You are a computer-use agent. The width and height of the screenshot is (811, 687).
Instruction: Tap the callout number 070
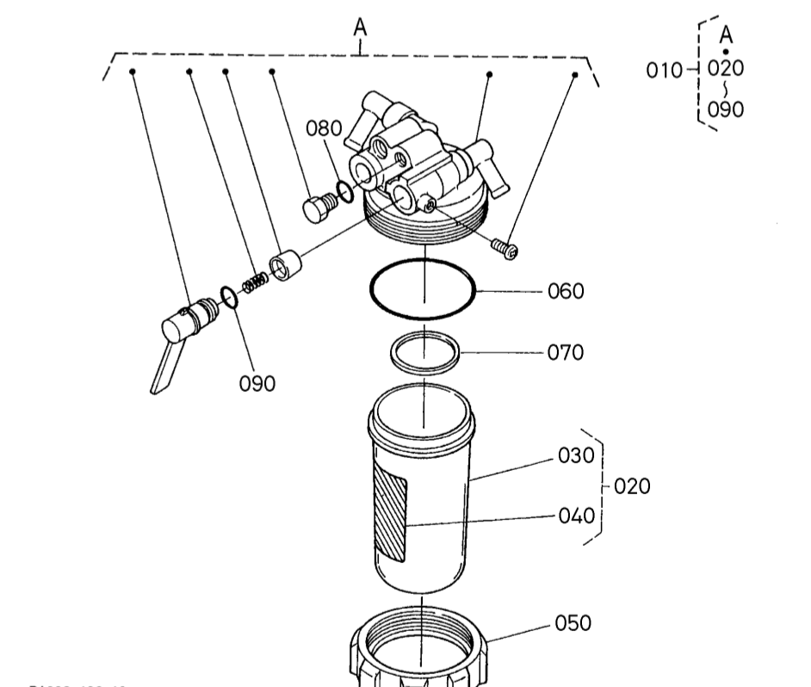pyautogui.click(x=566, y=352)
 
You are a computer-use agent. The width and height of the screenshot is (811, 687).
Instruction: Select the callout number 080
pyautogui.click(x=325, y=129)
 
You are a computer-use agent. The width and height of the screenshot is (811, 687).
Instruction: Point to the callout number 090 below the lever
pyautogui.click(x=257, y=383)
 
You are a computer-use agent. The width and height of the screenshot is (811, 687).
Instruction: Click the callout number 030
pyautogui.click(x=577, y=456)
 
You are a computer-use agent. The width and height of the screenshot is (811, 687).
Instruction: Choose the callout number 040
pyautogui.click(x=577, y=516)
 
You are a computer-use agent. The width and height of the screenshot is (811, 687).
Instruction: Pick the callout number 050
pyautogui.click(x=573, y=622)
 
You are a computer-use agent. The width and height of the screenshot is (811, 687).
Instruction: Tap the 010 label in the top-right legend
pyautogui.click(x=664, y=70)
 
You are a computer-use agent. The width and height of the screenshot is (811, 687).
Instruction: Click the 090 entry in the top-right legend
pyautogui.click(x=725, y=108)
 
